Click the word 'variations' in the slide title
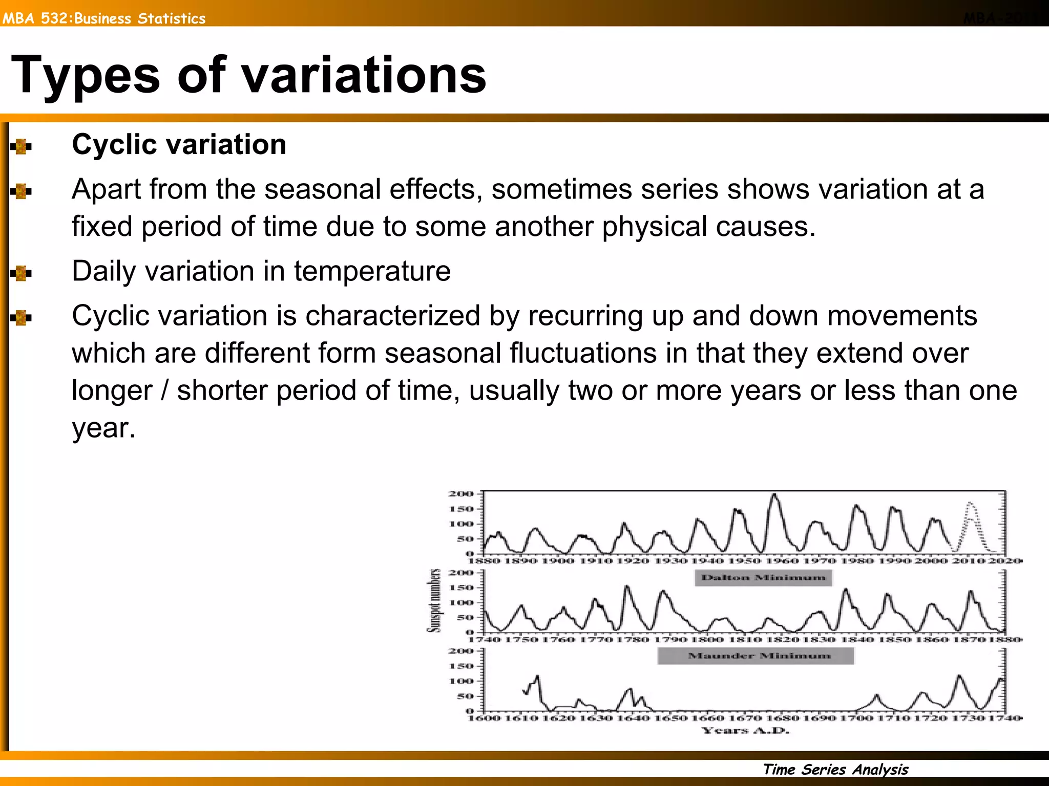point(364,75)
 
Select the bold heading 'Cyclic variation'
point(179,144)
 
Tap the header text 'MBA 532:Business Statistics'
point(104,18)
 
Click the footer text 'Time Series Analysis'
point(835,769)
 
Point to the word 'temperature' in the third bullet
point(372,271)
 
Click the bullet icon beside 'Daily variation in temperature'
point(21,273)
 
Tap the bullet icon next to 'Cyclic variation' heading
point(21,147)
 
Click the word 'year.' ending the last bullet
point(103,428)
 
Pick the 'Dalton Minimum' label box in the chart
point(763,578)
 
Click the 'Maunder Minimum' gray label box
point(756,656)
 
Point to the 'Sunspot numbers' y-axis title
point(434,600)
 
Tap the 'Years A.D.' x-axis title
point(745,730)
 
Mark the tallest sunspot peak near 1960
point(774,495)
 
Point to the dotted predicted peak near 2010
point(970,505)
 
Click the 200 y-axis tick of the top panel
point(460,494)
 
